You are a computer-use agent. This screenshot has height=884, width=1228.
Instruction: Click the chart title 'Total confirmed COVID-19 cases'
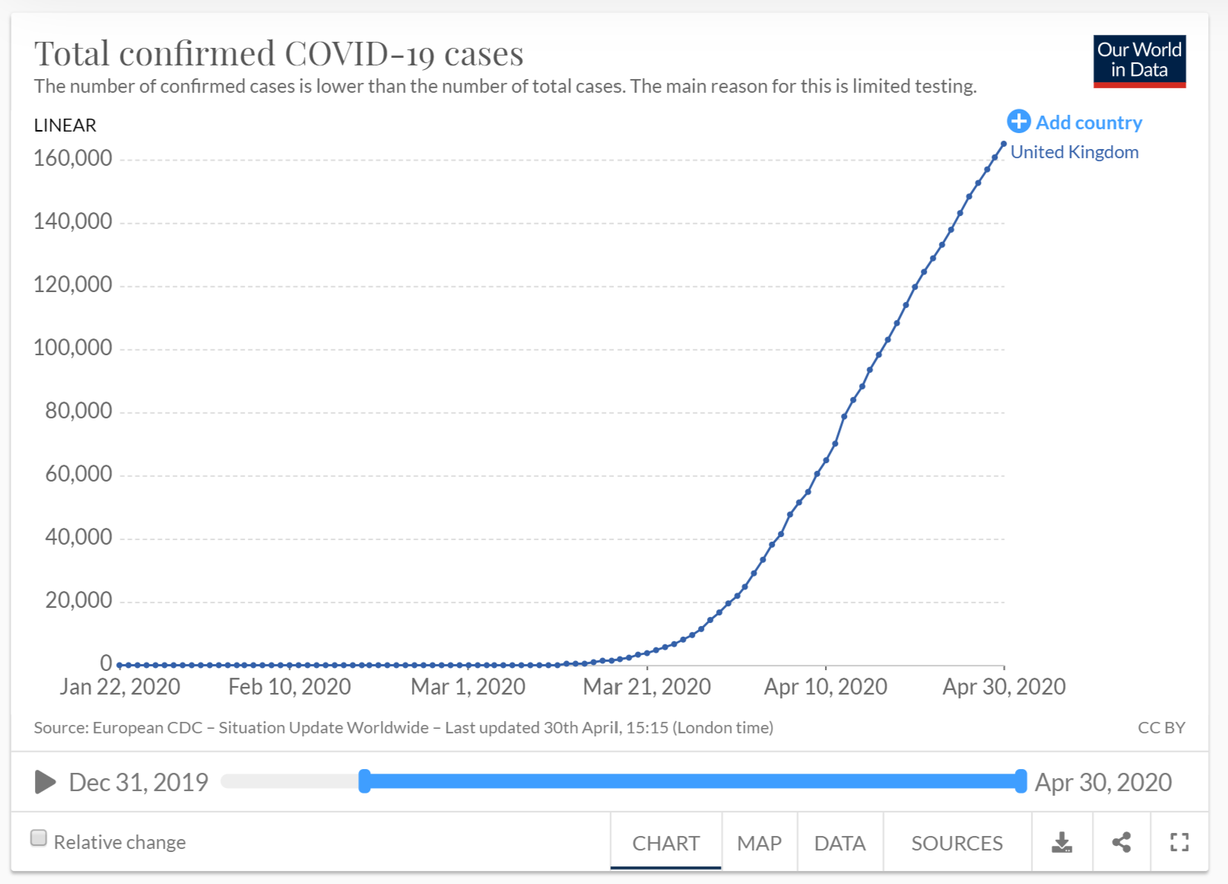(278, 54)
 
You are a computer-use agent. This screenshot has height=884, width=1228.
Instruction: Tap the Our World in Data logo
(1139, 61)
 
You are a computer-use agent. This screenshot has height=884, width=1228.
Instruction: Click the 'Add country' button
(1074, 122)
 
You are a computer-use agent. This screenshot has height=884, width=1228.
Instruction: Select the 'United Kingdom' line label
(1074, 152)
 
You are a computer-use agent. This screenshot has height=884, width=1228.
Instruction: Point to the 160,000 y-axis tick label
(73, 158)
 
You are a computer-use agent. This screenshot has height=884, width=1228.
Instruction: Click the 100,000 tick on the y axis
(73, 348)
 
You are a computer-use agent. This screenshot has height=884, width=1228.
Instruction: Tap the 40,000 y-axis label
(78, 537)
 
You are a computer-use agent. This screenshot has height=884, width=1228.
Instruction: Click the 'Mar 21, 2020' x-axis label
(646, 687)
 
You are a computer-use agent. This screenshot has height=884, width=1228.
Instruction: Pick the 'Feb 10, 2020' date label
(290, 687)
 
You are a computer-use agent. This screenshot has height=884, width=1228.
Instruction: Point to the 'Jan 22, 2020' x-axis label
(120, 687)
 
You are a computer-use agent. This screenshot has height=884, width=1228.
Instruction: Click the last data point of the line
(1004, 144)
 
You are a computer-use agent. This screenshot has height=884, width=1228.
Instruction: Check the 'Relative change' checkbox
(39, 838)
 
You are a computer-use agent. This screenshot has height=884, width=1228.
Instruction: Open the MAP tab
(759, 843)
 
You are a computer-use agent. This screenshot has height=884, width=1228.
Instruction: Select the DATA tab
(839, 843)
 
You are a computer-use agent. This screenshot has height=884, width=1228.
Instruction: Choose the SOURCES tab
(957, 843)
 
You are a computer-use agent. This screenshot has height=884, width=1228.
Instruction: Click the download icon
(1061, 842)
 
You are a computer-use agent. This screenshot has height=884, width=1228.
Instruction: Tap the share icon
(1122, 842)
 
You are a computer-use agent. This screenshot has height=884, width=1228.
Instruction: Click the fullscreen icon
(1179, 842)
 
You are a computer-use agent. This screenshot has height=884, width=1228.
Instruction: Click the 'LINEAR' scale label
(65, 126)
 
